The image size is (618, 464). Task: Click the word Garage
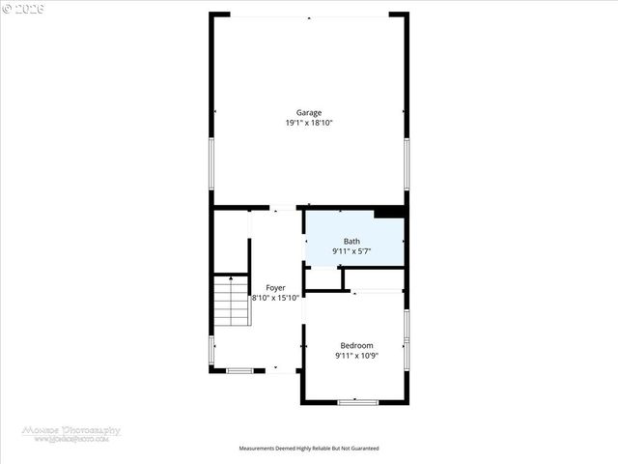pos(309,112)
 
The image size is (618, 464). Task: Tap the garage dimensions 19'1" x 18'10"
pos(309,123)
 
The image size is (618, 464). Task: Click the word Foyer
pos(275,288)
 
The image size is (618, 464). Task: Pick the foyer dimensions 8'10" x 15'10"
pos(276,298)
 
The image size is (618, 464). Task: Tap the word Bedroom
pos(355,345)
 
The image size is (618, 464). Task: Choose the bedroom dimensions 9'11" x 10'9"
pos(355,356)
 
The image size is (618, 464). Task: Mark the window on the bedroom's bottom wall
pos(354,400)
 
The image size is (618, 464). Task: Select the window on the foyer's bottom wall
pos(239,369)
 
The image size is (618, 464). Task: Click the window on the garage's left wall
pos(211,162)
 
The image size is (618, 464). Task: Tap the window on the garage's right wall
pos(407,162)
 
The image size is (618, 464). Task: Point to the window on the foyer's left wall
pos(211,349)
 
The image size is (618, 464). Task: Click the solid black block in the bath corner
pos(389,213)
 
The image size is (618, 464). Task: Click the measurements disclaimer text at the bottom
pos(309,449)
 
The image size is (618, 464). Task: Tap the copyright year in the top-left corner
pos(23,8)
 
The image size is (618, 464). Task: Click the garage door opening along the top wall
pos(309,14)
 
